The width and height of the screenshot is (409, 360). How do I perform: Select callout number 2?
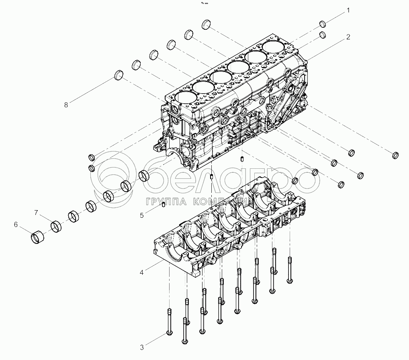pos(348,37)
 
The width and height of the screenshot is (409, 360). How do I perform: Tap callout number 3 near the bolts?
pos(142,347)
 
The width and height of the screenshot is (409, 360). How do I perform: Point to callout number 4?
pos(142,273)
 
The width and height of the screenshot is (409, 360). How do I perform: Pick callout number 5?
pos(142,215)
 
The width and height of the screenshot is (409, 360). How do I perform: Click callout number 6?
pos(16,224)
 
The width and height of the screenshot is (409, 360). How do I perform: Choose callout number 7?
pos(36,213)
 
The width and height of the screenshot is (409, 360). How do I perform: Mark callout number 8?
pos(66,105)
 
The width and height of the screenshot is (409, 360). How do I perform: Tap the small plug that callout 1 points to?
pos(323,24)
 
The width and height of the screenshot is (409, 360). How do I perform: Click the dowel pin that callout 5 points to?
pos(163,205)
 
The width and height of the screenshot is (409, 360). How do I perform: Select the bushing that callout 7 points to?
pos(56,227)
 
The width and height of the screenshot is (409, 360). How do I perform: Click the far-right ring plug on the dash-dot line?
pos(395,155)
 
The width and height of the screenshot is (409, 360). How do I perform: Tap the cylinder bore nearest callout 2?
pos(275,47)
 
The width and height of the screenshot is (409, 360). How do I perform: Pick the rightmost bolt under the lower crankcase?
pos(289,279)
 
